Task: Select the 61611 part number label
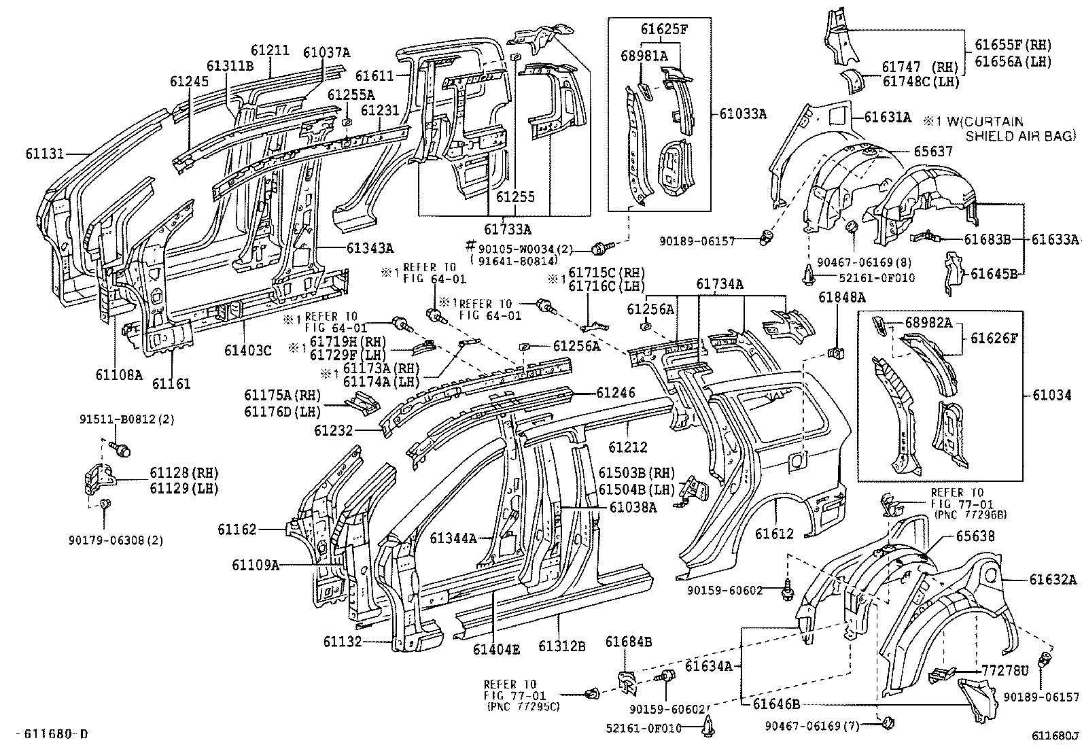point(374,77)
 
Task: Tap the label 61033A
point(743,114)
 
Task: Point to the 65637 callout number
point(933,152)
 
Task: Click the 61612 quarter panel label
point(774,534)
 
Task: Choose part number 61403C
point(248,351)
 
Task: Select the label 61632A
point(1053,580)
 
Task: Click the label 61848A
point(841,297)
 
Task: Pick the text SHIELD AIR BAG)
point(1021,137)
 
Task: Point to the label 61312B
point(562,646)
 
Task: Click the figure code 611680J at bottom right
point(1054,735)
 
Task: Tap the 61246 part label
point(616,393)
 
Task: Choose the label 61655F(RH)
point(1013,46)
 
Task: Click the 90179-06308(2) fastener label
point(116,540)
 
